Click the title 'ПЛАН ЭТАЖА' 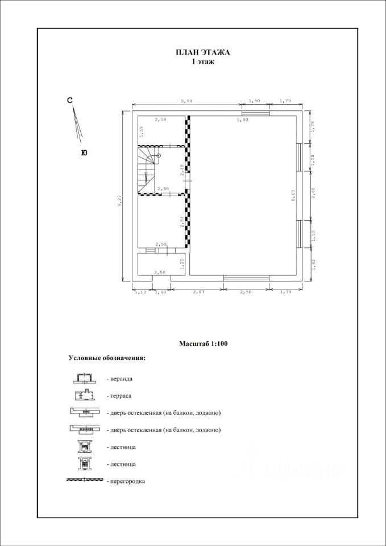pyautogui.click(x=202, y=52)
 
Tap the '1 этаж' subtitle pyautogui.click(x=202, y=62)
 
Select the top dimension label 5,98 pyautogui.click(x=187, y=101)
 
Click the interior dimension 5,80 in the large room pyautogui.click(x=242, y=120)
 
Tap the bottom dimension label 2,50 pyautogui.click(x=246, y=292)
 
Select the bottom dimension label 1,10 pyautogui.click(x=139, y=292)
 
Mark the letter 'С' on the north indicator pyautogui.click(x=70, y=101)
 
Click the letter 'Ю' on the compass pyautogui.click(x=84, y=152)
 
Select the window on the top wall pyautogui.click(x=255, y=113)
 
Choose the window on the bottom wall pyautogui.click(x=246, y=278)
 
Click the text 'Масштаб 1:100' pyautogui.click(x=204, y=344)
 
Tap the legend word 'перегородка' pyautogui.click(x=126, y=481)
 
